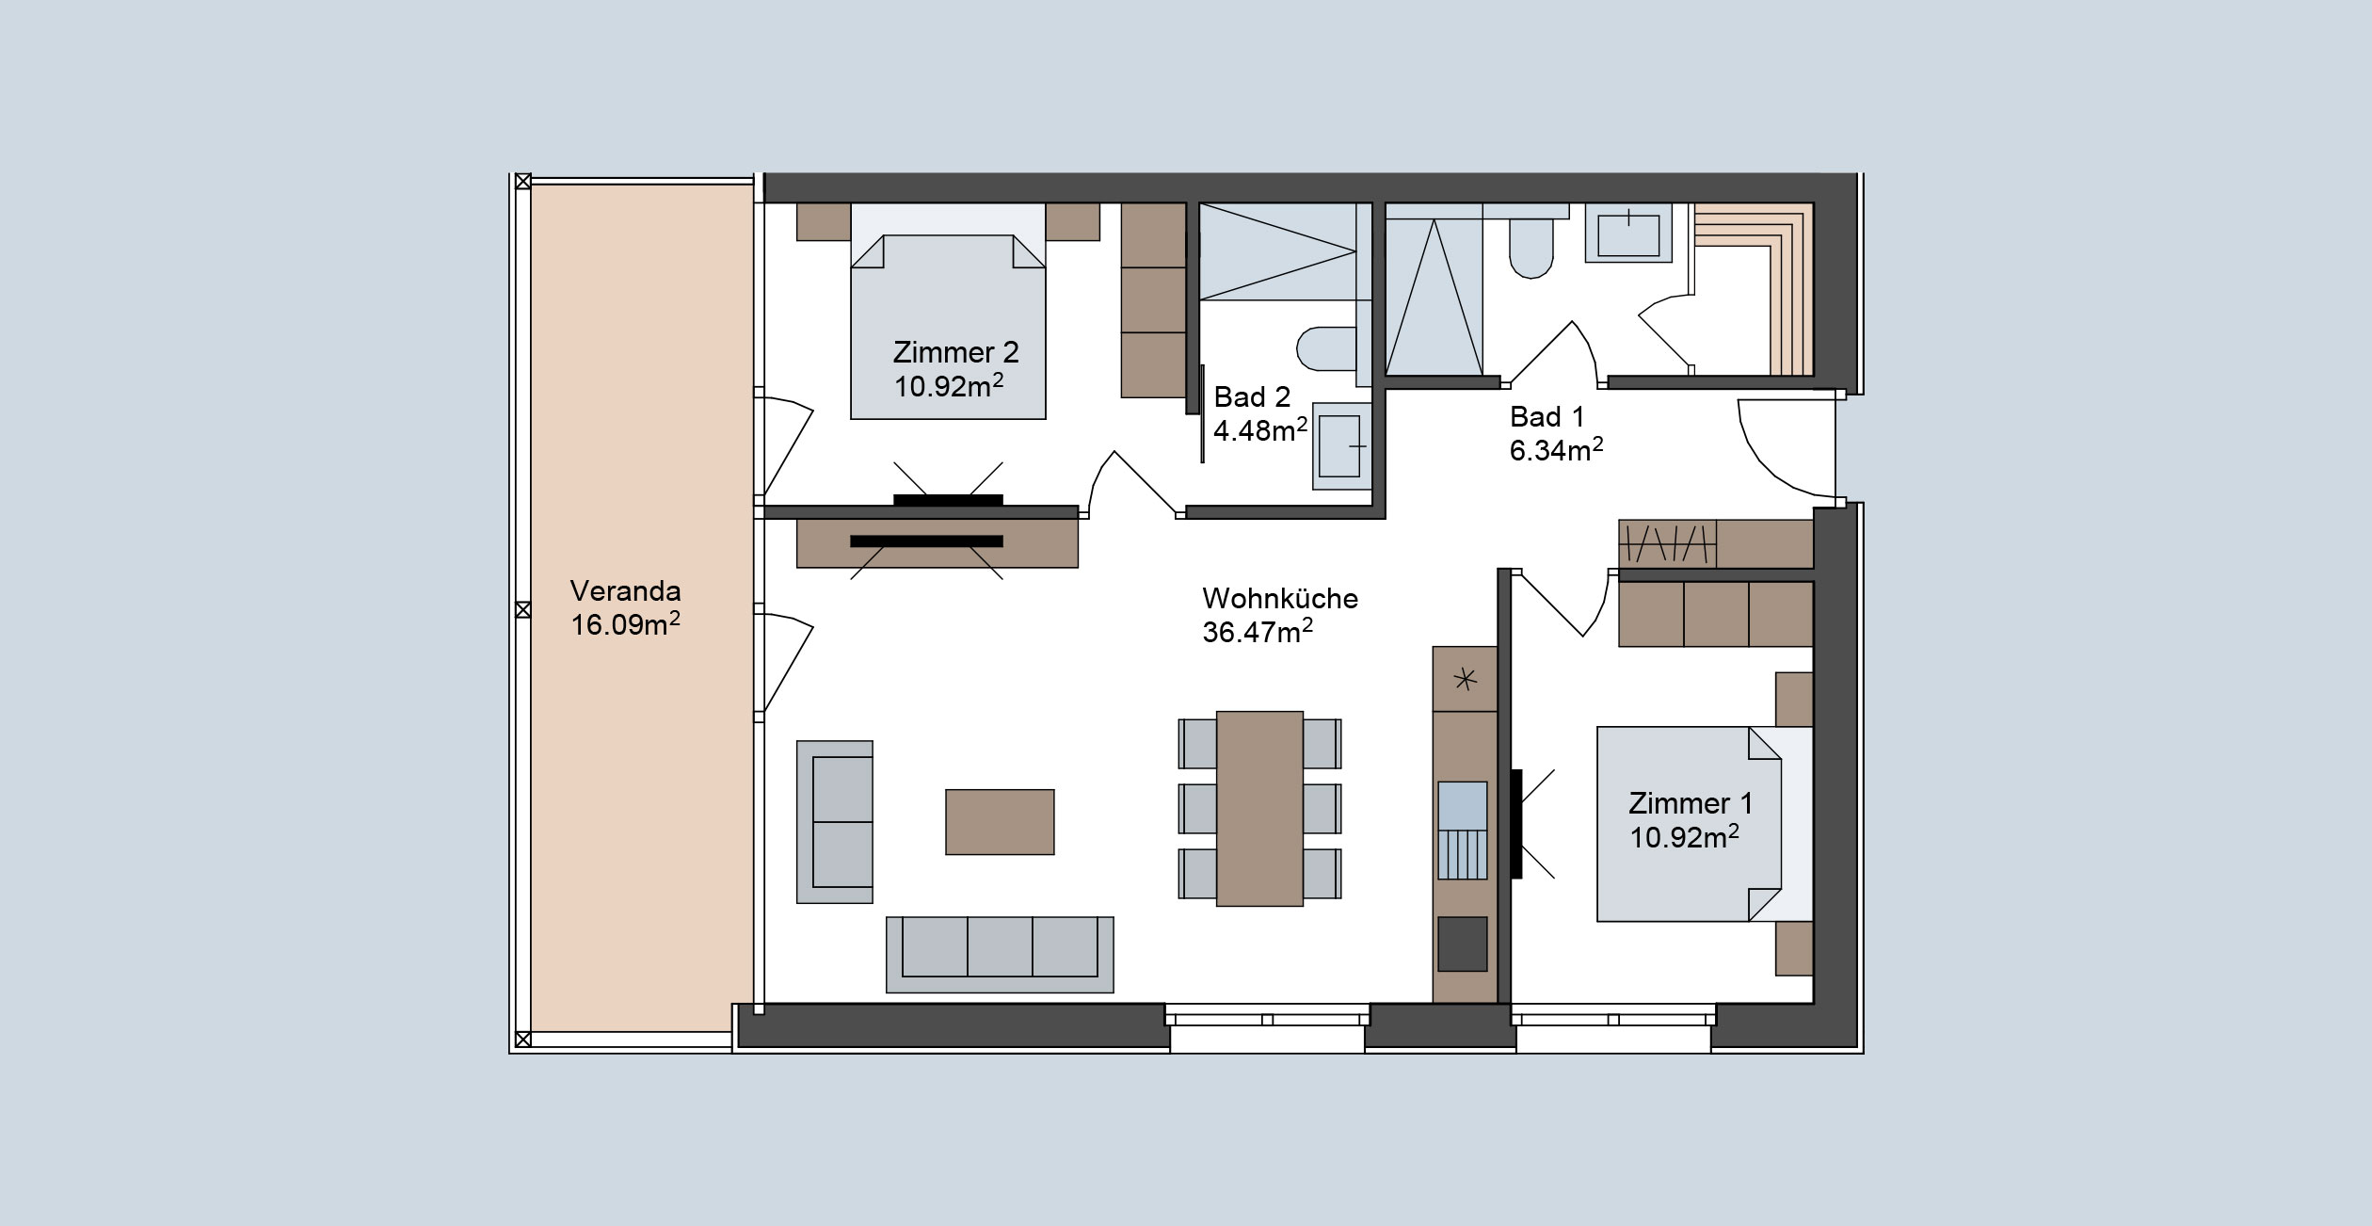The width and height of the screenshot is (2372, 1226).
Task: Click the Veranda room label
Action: pos(625,591)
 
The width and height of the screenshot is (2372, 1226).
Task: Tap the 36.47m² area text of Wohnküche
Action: pos(1258,632)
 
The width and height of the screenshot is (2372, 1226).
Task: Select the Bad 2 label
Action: pos(1252,396)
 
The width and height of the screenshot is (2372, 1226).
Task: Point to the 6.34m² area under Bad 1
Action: pos(1556,450)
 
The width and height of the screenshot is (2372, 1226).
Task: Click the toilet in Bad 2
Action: pos(1325,349)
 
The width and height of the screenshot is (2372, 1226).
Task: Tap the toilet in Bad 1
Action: pos(1531,248)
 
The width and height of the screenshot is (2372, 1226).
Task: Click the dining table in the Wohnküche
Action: pos(1259,808)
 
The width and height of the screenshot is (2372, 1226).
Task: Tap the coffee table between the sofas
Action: pos(1000,822)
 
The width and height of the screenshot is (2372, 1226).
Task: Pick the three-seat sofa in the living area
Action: pos(1000,955)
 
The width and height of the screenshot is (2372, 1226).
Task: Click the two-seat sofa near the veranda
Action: pos(835,822)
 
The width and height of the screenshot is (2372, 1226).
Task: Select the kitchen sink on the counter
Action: pos(1463,830)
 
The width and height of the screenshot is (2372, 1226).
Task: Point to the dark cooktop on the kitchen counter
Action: pos(1463,944)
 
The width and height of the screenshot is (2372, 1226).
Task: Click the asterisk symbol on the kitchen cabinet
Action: pos(1465,679)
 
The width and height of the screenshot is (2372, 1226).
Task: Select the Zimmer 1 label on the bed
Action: pos(1691,803)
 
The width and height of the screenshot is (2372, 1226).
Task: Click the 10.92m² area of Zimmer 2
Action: pos(949,385)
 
